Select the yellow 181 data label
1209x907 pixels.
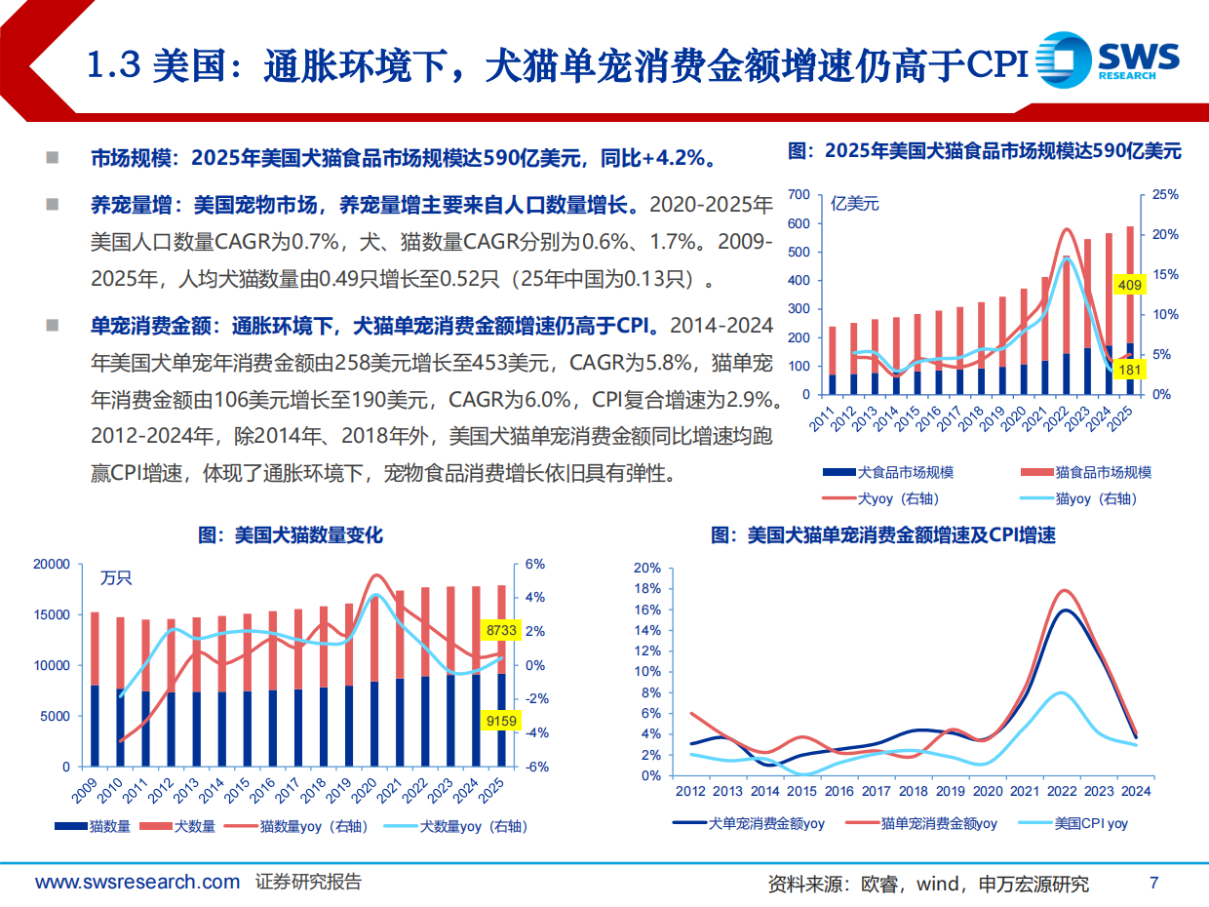[x=1127, y=370]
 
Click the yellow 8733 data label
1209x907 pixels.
[x=499, y=631]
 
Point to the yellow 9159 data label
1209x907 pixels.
[x=499, y=722]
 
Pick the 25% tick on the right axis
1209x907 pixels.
[x=1164, y=195]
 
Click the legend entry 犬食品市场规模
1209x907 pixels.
[x=905, y=472]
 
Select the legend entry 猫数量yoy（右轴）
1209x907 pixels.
[x=314, y=826]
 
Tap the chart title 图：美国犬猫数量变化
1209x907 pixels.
[x=291, y=535]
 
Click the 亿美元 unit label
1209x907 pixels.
[x=855, y=204]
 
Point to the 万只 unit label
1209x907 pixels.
[x=116, y=577]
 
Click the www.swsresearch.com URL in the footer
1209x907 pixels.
[x=137, y=882]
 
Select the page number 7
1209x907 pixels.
[x=1154, y=883]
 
